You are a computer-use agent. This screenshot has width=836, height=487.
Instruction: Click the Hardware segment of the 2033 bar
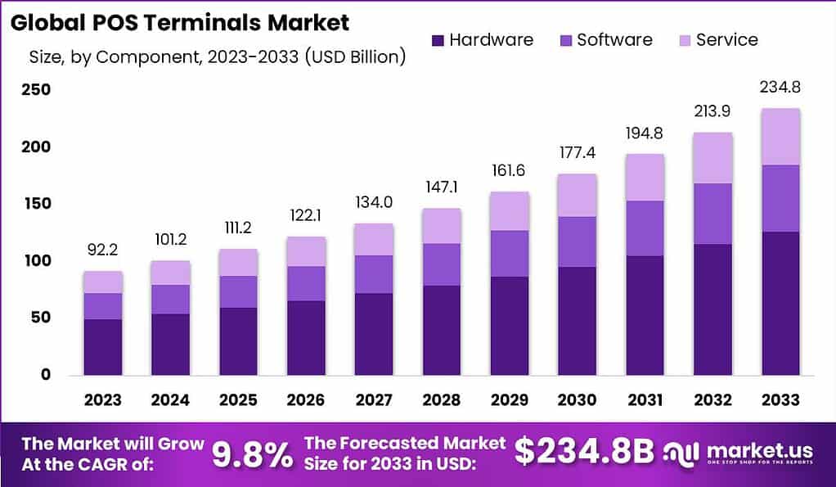[x=780, y=303]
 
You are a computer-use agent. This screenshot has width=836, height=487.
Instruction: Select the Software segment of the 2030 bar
[x=576, y=241]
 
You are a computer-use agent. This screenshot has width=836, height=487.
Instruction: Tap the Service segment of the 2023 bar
[x=102, y=282]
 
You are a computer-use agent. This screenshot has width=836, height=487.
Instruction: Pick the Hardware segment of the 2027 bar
[x=373, y=334]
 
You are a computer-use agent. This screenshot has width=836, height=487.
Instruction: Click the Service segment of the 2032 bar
[x=712, y=157]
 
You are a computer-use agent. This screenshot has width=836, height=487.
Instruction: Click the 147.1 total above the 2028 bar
[x=441, y=187]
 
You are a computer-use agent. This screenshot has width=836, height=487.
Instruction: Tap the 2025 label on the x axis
[x=238, y=399]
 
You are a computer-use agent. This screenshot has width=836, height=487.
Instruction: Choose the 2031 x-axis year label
[x=644, y=399]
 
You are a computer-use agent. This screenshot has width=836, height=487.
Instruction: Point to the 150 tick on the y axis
[x=35, y=204]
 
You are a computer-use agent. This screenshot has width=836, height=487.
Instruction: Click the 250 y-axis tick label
[x=35, y=90]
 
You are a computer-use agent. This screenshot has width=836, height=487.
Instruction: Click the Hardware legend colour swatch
[x=437, y=40]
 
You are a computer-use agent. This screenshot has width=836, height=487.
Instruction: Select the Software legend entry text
[x=614, y=39]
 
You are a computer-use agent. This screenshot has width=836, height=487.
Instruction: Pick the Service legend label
[x=726, y=39]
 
